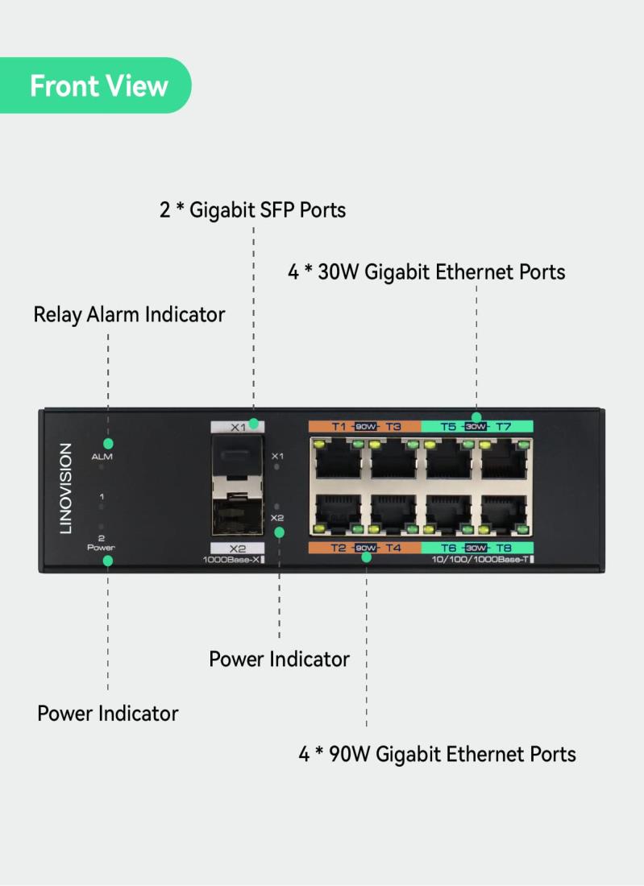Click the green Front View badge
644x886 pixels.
pyautogui.click(x=97, y=85)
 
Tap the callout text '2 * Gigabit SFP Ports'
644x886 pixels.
pyautogui.click(x=252, y=210)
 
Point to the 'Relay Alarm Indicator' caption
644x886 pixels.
pyautogui.click(x=129, y=314)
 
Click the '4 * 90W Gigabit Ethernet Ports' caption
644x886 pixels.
pyautogui.click(x=438, y=755)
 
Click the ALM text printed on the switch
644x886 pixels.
pyautogui.click(x=102, y=457)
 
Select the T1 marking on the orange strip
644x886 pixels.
pyautogui.click(x=339, y=427)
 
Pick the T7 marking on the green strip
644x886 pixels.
pyautogui.click(x=503, y=427)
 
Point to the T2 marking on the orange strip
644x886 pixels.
pyautogui.click(x=339, y=549)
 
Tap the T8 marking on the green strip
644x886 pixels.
pyautogui.click(x=503, y=549)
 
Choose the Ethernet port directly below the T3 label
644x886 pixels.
pyautogui.click(x=394, y=462)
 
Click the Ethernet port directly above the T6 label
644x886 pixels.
pyautogui.click(x=448, y=510)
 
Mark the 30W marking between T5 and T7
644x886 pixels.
pyautogui.click(x=476, y=427)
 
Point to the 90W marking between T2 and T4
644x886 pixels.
pyautogui.click(x=366, y=549)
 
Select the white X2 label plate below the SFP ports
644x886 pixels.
pyautogui.click(x=237, y=549)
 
